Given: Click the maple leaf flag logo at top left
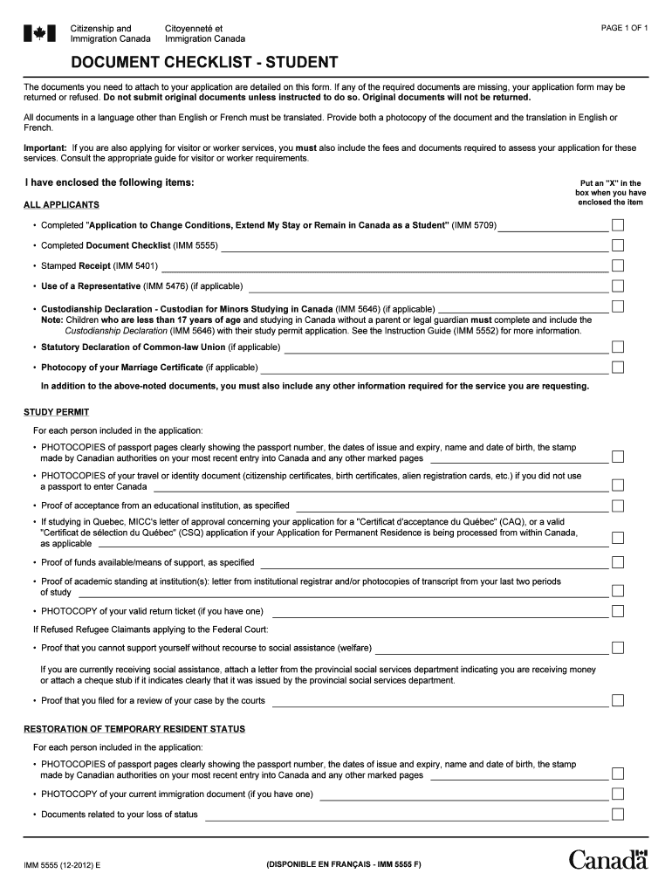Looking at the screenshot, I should [38, 33].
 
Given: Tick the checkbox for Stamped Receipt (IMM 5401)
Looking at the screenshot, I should [618, 265].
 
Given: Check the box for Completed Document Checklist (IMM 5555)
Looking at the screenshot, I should [618, 245].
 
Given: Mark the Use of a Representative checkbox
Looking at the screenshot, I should [618, 285].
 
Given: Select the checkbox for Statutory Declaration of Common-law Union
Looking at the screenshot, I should [618, 347].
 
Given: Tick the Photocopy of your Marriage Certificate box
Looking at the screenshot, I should [618, 368].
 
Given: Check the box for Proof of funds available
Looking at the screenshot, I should [618, 562].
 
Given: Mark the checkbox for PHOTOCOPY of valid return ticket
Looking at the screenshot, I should [618, 610].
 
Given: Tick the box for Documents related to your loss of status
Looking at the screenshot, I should [618, 815].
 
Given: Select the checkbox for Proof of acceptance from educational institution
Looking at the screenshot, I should [618, 505].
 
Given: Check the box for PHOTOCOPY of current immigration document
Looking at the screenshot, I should [618, 794].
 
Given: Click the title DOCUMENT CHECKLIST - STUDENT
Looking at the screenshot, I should [192, 63].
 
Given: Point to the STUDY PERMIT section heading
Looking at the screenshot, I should [56, 412].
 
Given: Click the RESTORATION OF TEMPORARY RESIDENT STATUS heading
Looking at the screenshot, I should [134, 729].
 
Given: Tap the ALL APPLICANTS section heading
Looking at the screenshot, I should [61, 205].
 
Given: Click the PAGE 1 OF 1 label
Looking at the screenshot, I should [624, 28].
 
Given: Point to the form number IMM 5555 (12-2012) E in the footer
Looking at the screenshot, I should [62, 864].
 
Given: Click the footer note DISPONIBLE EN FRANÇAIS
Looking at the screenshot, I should [343, 864].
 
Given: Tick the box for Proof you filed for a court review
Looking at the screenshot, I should [618, 700].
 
